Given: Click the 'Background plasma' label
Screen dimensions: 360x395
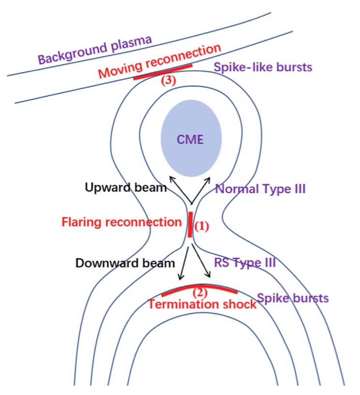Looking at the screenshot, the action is pos(95,49).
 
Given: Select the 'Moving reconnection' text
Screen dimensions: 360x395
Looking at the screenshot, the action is pos(159,61).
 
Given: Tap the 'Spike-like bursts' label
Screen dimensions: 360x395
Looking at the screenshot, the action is pos(263,68).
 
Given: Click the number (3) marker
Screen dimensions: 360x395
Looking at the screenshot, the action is pos(169,81).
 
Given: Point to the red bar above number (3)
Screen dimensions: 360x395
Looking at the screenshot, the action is pos(163,72).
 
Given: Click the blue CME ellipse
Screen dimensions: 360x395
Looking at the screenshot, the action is pos(191,138).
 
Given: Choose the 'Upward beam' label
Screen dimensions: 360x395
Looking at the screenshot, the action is pos(126,188).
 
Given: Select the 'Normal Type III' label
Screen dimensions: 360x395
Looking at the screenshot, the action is pos(260,189).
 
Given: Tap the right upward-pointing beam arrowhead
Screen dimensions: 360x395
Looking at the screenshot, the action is pos(208,180).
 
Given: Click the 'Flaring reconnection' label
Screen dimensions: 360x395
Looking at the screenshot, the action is pos(121,222).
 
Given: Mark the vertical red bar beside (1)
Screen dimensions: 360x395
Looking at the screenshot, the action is pos(190,225).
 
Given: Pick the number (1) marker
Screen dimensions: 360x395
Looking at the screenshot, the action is pos(202,226).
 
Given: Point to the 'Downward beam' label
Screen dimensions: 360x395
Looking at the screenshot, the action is pos(125,263).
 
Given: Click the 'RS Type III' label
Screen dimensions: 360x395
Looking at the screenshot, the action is pos(245,263).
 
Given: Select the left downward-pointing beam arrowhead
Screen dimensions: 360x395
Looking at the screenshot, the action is pos(181,277).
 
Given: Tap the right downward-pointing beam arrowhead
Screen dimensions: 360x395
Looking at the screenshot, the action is pos(208,275).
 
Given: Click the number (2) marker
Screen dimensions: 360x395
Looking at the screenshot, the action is pos(200,293).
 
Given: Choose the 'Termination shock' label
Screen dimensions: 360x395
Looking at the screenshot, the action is pos(202,304).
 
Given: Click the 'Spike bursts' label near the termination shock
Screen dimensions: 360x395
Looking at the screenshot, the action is pos(293,298).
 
